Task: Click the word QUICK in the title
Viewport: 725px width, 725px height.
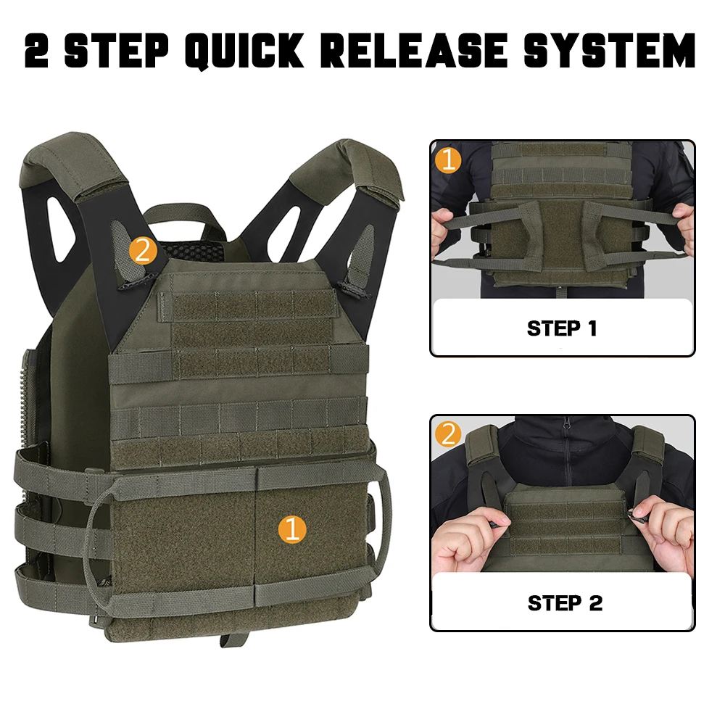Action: (244, 51)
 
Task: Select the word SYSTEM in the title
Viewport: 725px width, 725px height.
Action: (610, 50)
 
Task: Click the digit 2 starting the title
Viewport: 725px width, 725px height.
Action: (37, 51)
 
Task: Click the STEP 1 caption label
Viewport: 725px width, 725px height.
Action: (562, 328)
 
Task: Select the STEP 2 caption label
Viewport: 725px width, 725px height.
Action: (565, 603)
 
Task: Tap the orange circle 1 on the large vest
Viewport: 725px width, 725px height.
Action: (292, 529)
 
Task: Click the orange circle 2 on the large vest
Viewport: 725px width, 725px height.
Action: (143, 251)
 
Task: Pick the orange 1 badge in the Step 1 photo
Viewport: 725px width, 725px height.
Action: (448, 160)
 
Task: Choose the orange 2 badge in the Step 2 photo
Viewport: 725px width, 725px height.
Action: (448, 434)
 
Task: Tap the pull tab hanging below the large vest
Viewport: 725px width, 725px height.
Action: (233, 640)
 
